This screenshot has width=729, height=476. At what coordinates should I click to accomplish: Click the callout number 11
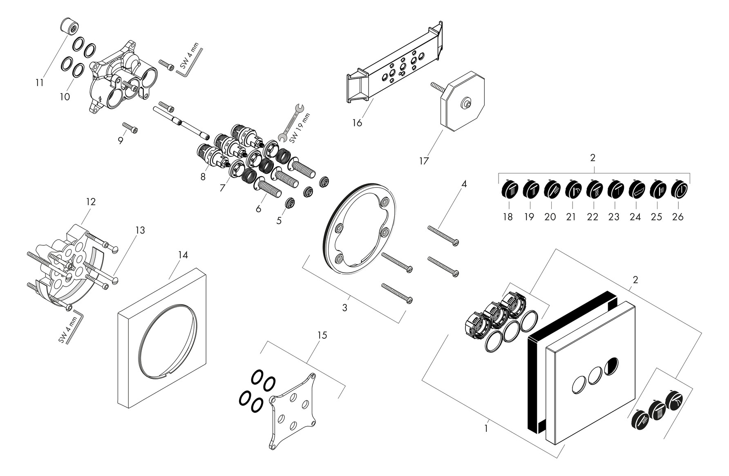39,83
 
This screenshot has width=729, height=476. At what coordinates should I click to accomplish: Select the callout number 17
424,161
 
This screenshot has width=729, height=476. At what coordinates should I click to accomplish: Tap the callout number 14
183,255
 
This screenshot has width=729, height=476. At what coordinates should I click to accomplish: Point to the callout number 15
322,335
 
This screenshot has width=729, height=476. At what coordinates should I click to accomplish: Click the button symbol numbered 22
594,189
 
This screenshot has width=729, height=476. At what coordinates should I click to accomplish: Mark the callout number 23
614,217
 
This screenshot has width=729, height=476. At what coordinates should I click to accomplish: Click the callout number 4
464,184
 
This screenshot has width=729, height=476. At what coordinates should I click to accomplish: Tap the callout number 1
486,429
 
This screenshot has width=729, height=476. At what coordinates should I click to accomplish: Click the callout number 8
203,177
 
